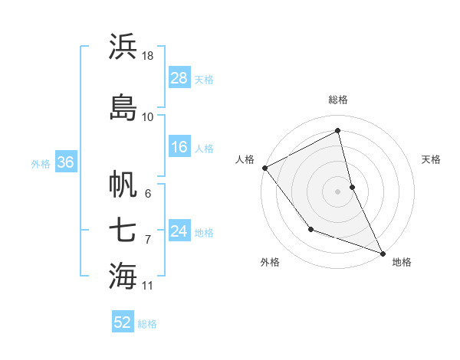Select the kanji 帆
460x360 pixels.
click(x=123, y=185)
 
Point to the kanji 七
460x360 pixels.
click(x=123, y=230)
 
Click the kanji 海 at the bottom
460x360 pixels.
click(x=123, y=276)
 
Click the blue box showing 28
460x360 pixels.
click(x=179, y=78)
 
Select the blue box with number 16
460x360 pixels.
click(x=179, y=147)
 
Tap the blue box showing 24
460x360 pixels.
click(x=179, y=231)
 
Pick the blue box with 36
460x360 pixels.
click(x=64, y=162)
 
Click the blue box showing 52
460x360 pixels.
click(x=123, y=322)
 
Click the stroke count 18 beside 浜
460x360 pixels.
click(x=149, y=56)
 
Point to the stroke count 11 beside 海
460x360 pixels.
click(x=149, y=286)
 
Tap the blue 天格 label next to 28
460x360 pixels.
click(x=204, y=79)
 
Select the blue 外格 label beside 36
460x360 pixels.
click(x=40, y=163)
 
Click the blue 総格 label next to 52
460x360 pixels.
click(x=147, y=323)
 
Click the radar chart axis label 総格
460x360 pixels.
click(x=338, y=100)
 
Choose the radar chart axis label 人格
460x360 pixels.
click(x=245, y=159)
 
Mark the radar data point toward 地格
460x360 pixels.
click(x=383, y=253)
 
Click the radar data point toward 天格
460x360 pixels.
click(x=352, y=186)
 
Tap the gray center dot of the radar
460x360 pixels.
click(x=337, y=191)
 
